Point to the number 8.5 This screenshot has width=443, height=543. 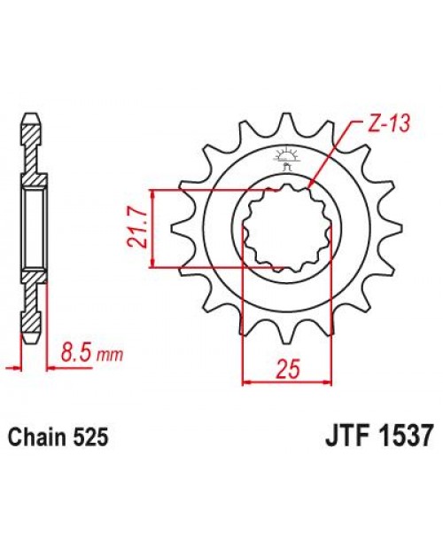[x=79, y=355]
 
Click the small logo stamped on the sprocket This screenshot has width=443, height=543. [x=285, y=159]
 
